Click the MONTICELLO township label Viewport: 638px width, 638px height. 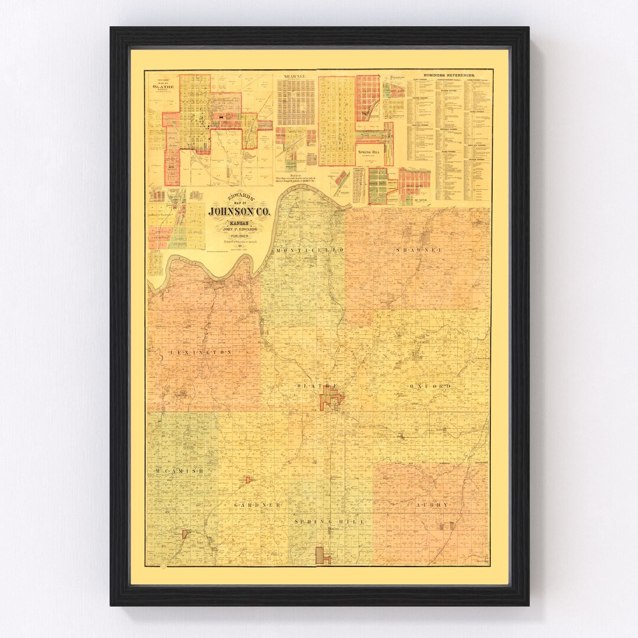[x=310, y=250]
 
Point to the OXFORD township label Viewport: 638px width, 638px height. [x=430, y=386]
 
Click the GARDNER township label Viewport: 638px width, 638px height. [x=257, y=506]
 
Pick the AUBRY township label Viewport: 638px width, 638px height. [x=432, y=505]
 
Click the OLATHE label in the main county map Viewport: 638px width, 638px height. [x=318, y=386]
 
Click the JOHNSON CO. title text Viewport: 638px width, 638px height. [x=239, y=211]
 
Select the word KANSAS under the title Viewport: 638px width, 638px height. [x=239, y=224]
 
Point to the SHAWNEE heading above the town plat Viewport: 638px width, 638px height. [x=295, y=76]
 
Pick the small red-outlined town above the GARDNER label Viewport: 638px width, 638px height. [x=249, y=479]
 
